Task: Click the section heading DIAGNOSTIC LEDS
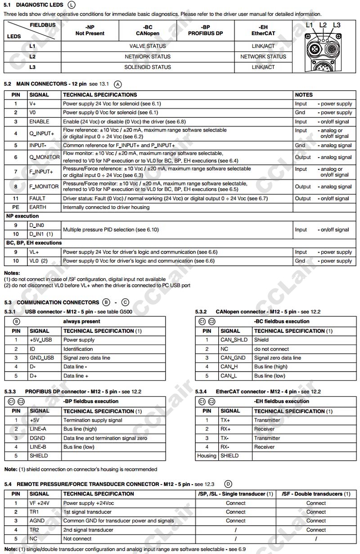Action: pyautogui.click(x=40, y=5)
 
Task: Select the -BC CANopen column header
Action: pyautogui.click(x=148, y=30)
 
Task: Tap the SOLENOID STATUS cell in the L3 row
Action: pyautogui.click(x=148, y=67)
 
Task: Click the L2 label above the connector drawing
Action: pyautogui.click(x=323, y=25)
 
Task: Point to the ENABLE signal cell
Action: pyautogui.click(x=39, y=122)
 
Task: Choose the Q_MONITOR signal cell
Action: pyautogui.click(x=44, y=157)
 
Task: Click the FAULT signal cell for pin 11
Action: pyautogui.click(x=37, y=198)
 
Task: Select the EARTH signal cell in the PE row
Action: pyautogui.click(x=38, y=207)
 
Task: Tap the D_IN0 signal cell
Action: pyautogui.click(x=37, y=225)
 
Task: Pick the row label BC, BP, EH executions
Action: pyautogui.click(x=34, y=243)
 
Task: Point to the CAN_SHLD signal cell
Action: pyautogui.click(x=234, y=340)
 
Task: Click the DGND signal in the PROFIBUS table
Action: pyautogui.click(x=38, y=438)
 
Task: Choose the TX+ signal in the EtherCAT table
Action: pyautogui.click(x=225, y=420)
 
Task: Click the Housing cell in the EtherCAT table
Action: pyautogui.click(x=207, y=455)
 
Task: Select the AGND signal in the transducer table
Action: pyautogui.click(x=37, y=521)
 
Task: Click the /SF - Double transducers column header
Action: pyautogui.click(x=316, y=494)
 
